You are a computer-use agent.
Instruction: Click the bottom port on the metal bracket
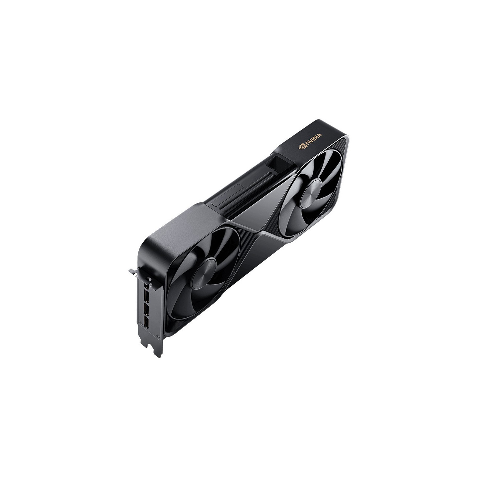(147, 321)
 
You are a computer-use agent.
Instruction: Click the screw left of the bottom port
(141, 323)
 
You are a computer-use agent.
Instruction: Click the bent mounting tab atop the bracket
(132, 271)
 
